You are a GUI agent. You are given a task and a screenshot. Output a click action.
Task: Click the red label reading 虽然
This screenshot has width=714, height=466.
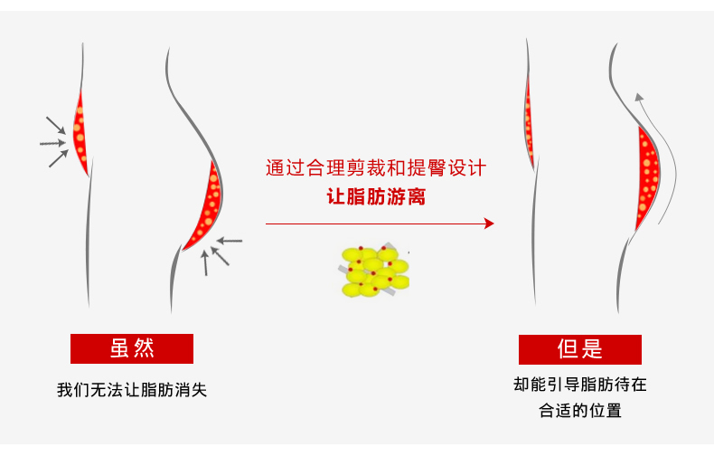[132, 348]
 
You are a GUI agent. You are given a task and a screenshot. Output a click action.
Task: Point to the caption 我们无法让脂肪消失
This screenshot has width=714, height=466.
[132, 391]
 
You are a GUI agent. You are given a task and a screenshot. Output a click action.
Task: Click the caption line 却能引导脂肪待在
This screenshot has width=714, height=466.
[580, 384]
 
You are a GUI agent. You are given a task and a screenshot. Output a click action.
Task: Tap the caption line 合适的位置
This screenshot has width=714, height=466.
[580, 411]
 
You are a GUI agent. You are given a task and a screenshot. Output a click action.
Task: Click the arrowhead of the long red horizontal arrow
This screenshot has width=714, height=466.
[490, 223]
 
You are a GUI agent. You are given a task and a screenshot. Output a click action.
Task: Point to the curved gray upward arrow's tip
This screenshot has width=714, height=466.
[638, 96]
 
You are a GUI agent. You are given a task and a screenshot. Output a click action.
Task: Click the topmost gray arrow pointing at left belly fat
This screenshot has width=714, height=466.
[55, 124]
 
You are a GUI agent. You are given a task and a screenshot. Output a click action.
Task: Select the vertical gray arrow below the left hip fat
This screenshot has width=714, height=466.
[205, 262]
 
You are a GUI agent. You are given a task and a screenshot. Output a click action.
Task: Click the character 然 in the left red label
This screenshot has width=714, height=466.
[144, 348]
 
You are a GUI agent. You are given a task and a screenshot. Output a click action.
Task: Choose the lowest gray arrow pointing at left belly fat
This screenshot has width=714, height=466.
[58, 158]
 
